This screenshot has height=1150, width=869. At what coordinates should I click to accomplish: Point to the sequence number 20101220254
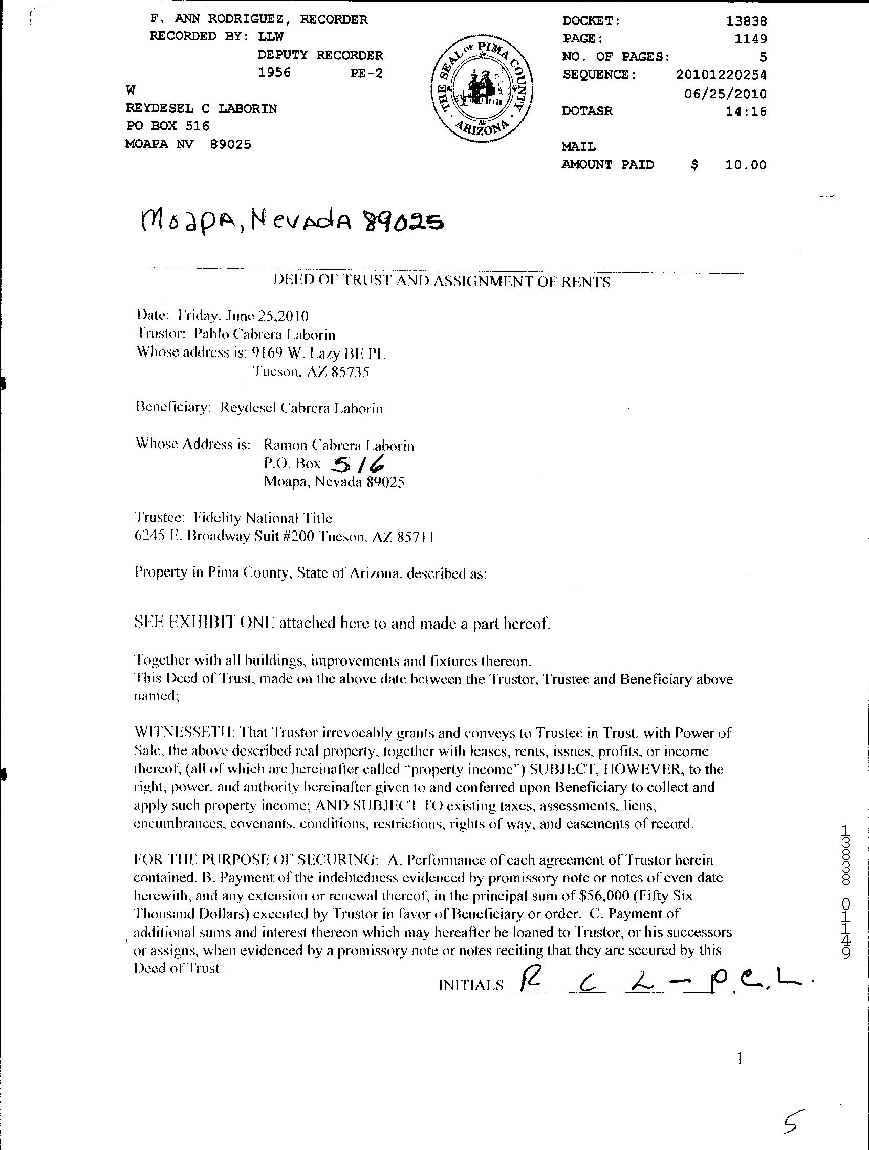tap(721, 75)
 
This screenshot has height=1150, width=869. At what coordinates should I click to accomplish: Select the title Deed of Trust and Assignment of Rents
tap(442, 282)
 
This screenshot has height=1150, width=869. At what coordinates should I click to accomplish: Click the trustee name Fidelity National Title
tap(263, 518)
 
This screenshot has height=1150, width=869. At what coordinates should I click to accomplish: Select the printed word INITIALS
tap(471, 985)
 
